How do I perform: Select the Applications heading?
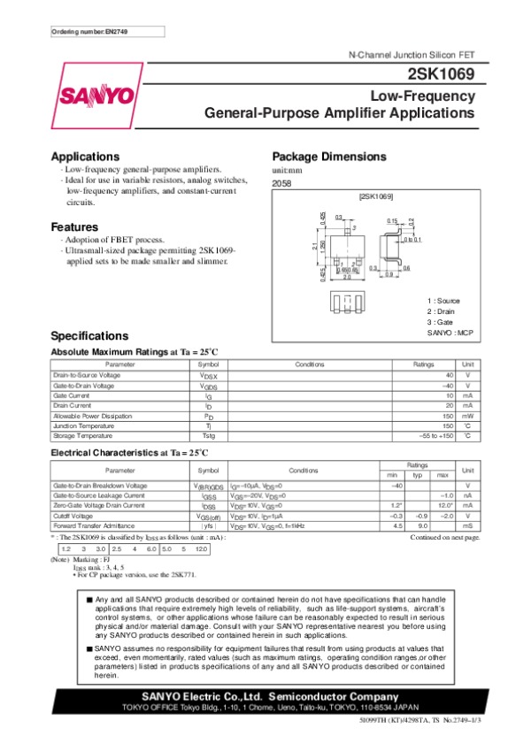[86, 157]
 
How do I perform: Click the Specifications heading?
[90, 336]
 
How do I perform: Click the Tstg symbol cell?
[208, 436]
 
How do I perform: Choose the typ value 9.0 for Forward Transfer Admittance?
[422, 525]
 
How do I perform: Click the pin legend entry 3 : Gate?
[442, 322]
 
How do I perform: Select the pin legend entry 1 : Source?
[444, 301]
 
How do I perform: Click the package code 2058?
[282, 183]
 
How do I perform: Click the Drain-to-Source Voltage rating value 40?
[450, 375]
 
